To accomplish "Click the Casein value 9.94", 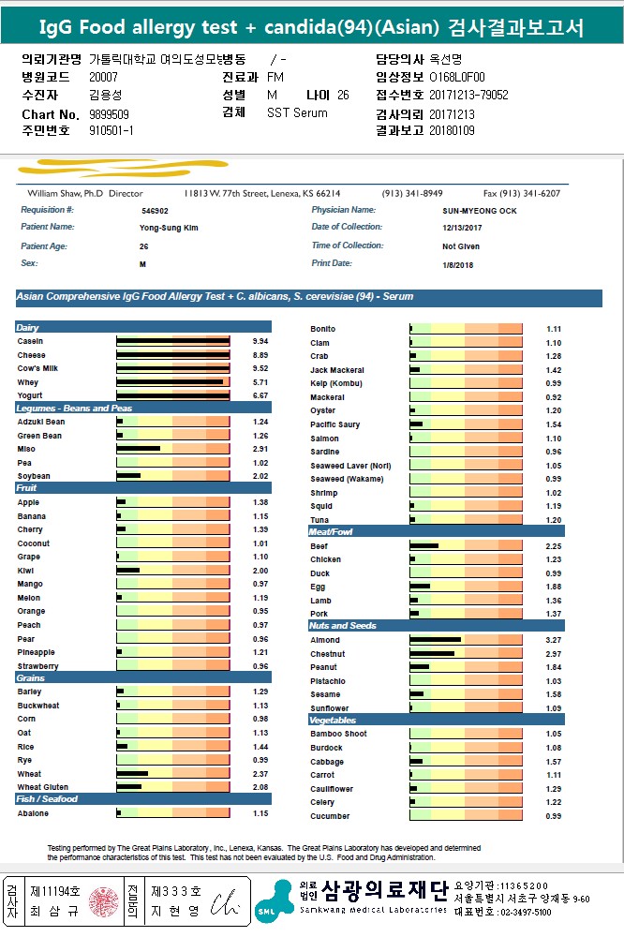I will (x=260, y=341).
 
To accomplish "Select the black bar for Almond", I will (x=435, y=640).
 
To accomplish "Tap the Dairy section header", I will (x=29, y=328).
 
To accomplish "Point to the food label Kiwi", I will (x=25, y=571).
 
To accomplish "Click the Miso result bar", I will (x=139, y=449).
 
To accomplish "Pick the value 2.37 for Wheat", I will (x=260, y=774).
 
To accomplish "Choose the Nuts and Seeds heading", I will (x=343, y=626).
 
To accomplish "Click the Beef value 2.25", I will (x=554, y=546).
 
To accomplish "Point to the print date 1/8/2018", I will (x=458, y=265).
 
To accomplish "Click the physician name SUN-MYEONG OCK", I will (x=480, y=212).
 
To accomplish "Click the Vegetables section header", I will (x=333, y=721).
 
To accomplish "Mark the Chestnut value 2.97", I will (x=554, y=654).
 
